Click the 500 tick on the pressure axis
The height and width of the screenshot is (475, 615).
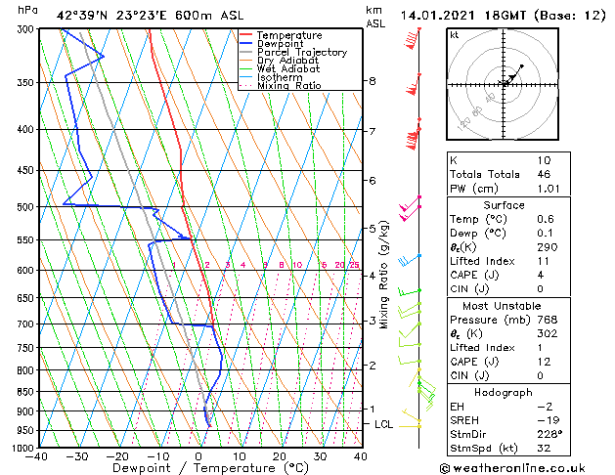point(23,207)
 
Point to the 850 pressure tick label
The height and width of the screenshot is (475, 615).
point(23,392)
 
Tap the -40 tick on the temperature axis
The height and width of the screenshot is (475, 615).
point(38,455)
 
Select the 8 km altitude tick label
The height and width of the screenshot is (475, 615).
point(373,81)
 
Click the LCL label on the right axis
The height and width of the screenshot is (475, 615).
point(383,424)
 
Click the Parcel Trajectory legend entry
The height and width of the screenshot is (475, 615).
point(301,52)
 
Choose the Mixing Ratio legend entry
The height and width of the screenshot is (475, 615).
point(288,86)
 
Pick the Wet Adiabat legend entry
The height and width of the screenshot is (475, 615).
point(288,69)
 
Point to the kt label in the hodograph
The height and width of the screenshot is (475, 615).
point(454,34)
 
